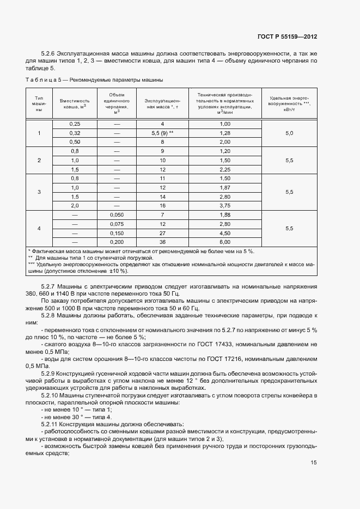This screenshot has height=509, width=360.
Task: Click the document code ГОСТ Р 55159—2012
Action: pos(287,37)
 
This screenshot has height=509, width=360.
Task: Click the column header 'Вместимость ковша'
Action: pos(75,104)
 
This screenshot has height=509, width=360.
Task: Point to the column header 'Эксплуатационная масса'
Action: pos(162,104)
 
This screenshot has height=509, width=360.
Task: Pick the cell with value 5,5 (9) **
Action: pos(162,133)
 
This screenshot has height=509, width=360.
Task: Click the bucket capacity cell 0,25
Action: pos(75,124)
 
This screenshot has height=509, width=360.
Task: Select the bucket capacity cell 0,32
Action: pos(75,133)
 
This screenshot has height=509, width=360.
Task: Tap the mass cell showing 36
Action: pos(162,242)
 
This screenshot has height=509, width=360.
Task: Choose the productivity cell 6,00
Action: pos(225,242)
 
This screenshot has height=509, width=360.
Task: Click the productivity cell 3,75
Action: pos(225,206)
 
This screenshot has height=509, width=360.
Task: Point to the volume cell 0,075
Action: pos(117,224)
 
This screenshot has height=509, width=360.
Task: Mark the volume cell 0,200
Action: pos(117,242)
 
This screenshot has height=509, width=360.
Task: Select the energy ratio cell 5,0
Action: pos(289,133)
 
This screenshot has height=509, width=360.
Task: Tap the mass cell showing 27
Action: pos(162,233)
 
